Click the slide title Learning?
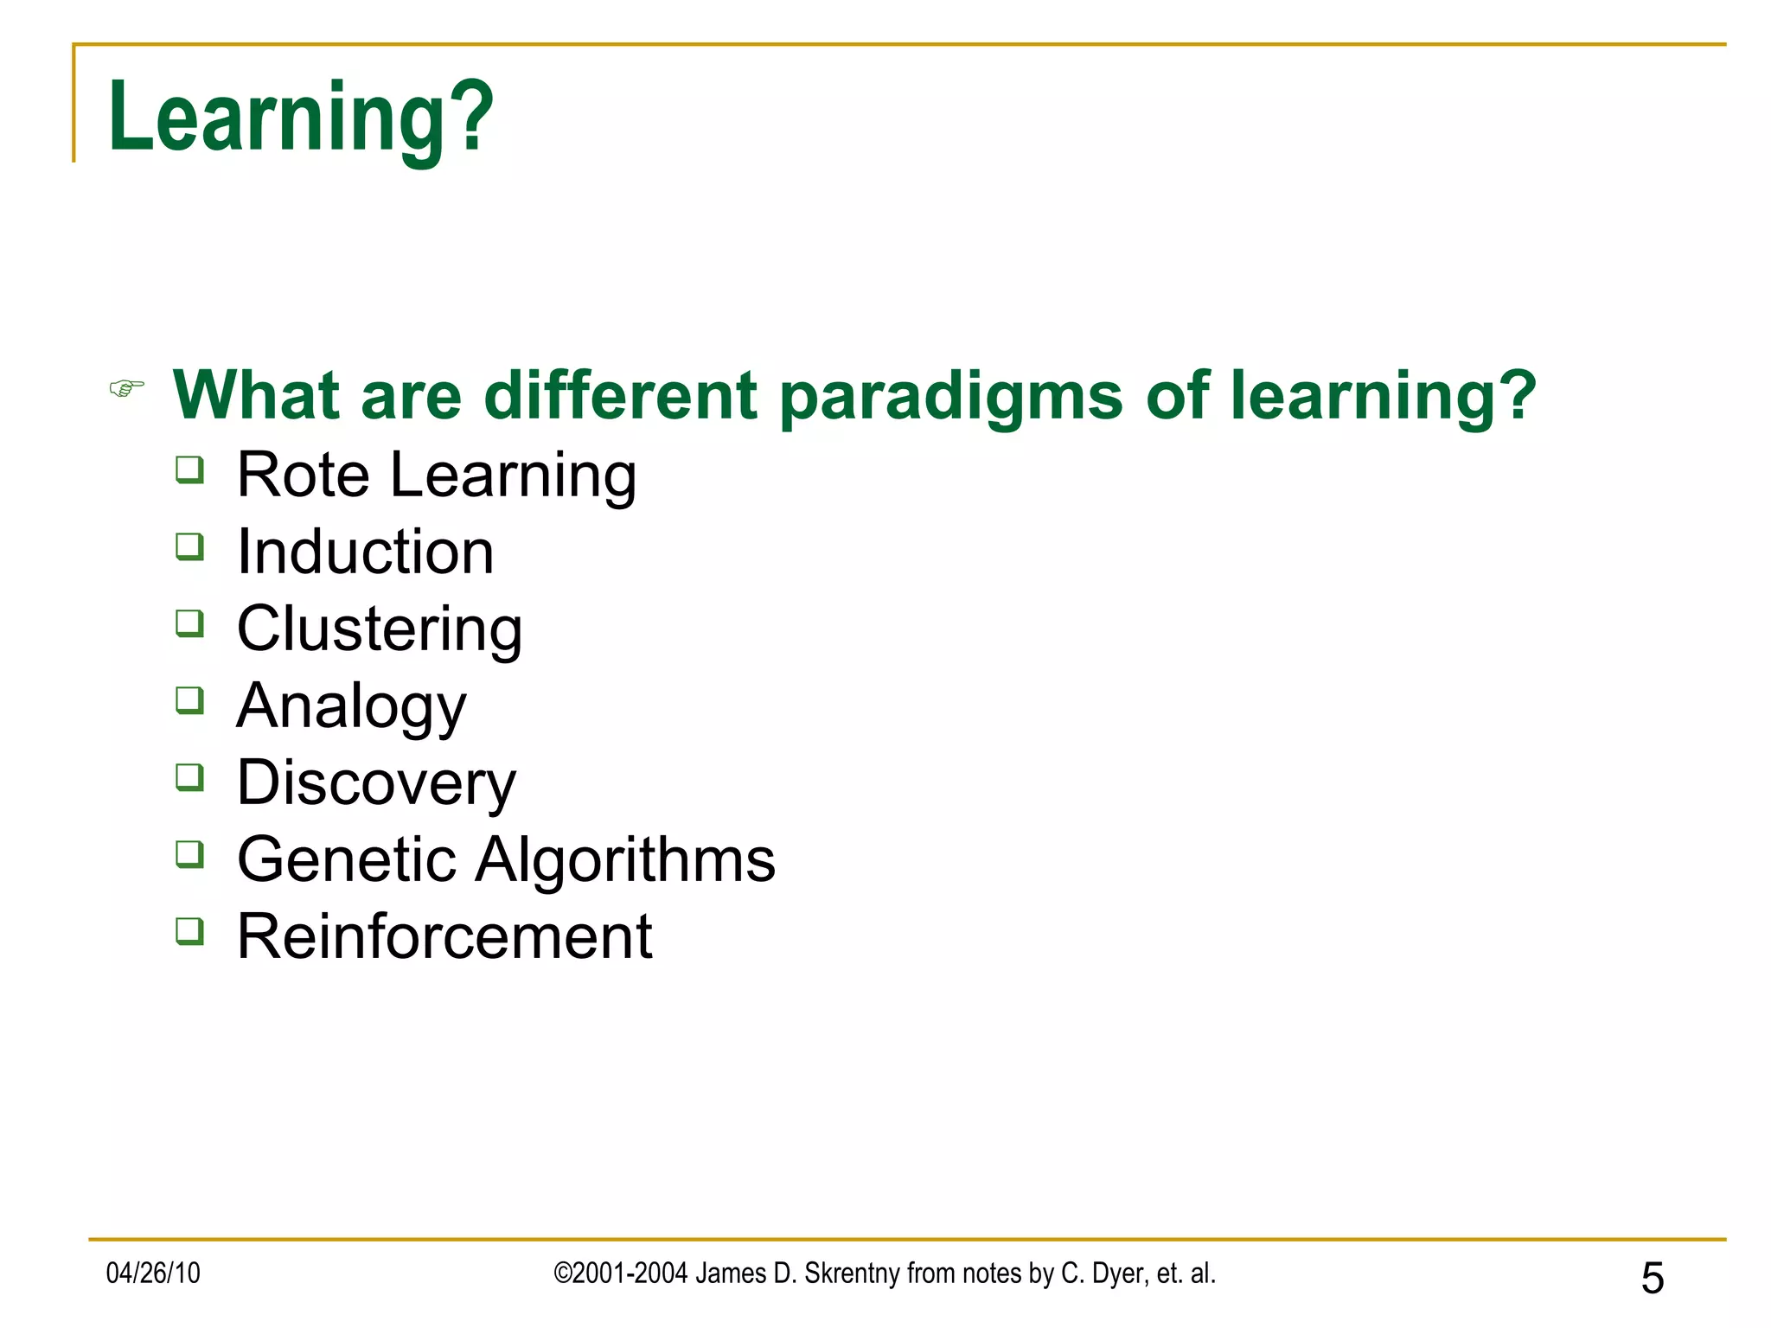point(300,117)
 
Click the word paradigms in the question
point(950,396)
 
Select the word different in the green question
point(621,395)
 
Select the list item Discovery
point(376,782)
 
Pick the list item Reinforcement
point(444,936)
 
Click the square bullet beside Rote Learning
point(189,469)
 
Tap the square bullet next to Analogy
point(189,700)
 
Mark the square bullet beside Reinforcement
point(189,931)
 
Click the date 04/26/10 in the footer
point(153,1274)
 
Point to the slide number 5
point(1652,1278)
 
